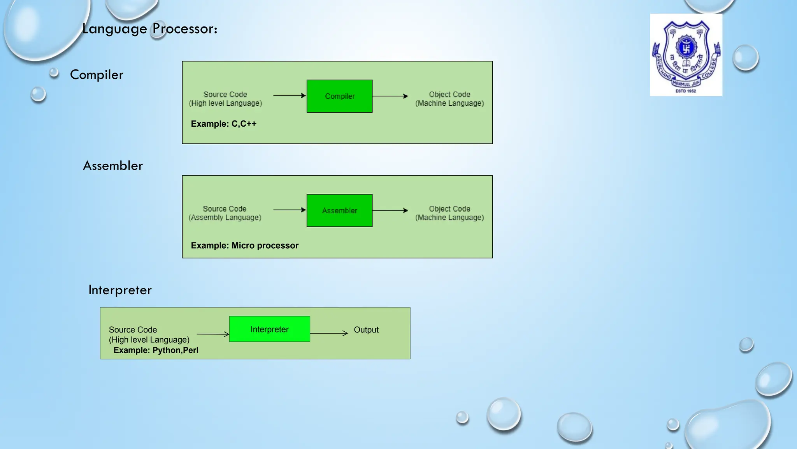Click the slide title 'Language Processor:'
point(150,29)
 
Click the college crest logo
point(686,55)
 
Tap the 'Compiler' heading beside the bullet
point(97,75)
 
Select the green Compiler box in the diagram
point(339,96)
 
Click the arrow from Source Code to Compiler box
point(289,95)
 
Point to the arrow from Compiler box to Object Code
point(390,96)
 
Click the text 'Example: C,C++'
point(223,124)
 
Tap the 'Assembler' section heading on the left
point(113,166)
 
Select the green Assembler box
point(339,210)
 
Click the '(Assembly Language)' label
point(225,218)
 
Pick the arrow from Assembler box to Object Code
point(390,210)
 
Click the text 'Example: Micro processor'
point(244,246)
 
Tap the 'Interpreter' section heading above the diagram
point(120,290)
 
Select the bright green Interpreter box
point(269,329)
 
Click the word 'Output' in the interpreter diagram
point(366,330)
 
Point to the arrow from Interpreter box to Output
point(329,333)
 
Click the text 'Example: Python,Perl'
point(156,350)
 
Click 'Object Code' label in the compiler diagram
point(449,95)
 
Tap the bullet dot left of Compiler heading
point(54,72)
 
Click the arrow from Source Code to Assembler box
point(289,210)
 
